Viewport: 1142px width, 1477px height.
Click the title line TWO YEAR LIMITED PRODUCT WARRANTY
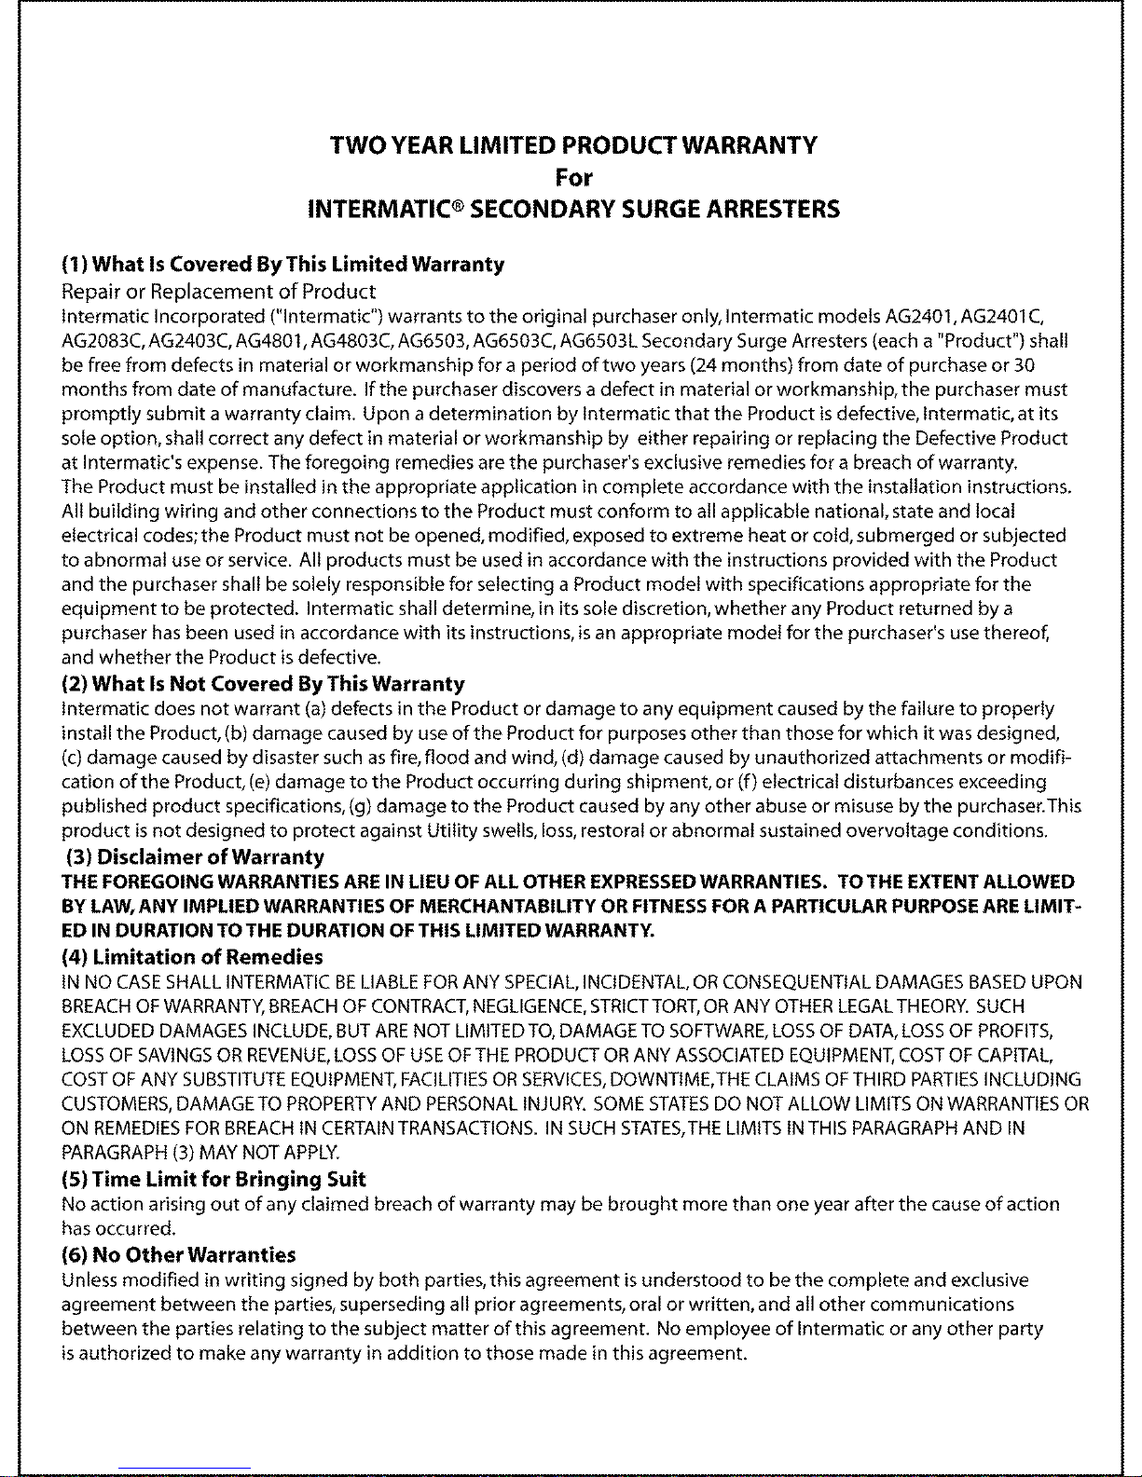tap(573, 146)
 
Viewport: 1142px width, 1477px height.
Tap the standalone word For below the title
tap(573, 177)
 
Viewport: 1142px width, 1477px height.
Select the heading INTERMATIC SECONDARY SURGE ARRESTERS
tap(573, 209)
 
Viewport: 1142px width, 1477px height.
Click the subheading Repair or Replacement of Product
tap(218, 292)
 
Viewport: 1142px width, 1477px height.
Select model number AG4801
tap(272, 341)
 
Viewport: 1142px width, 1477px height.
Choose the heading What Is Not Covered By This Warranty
tap(263, 684)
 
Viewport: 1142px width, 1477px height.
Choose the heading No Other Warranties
tap(178, 1255)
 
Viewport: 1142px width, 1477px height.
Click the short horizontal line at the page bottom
tap(185, 1469)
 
